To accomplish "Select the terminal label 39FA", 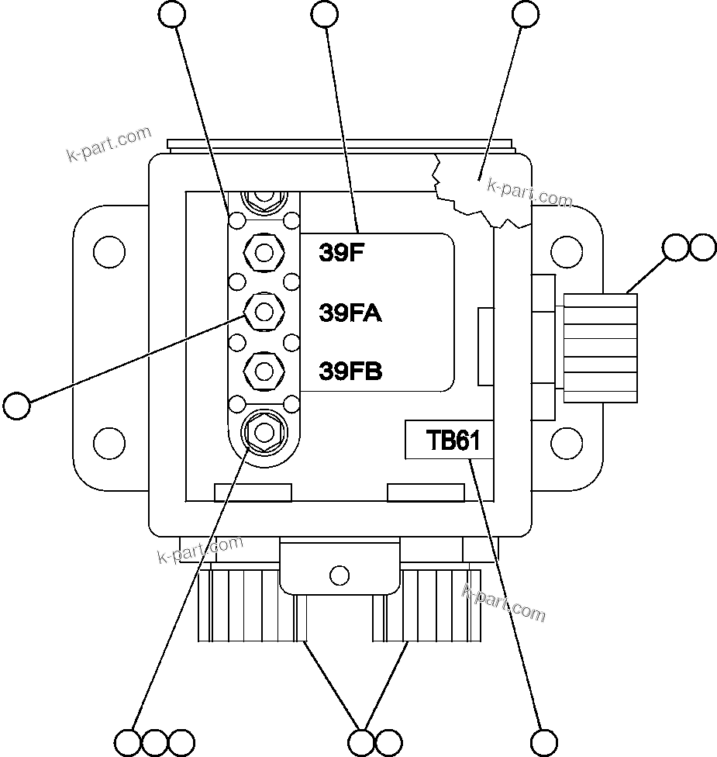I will click(350, 313).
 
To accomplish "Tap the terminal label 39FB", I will click(350, 372).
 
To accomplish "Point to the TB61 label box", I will click(449, 440).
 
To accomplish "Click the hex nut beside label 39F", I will click(264, 251).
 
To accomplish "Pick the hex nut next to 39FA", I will click(264, 312).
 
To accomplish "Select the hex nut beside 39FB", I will click(264, 371).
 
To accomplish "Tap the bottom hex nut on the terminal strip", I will click(264, 431).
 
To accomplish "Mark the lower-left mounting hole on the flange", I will click(109, 443).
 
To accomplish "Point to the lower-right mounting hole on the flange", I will click(566, 443).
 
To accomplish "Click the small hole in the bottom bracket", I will click(339, 575).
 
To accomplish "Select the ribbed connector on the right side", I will click(601, 347).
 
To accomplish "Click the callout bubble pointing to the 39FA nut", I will click(17, 406).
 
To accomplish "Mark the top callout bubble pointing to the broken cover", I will click(526, 13).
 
